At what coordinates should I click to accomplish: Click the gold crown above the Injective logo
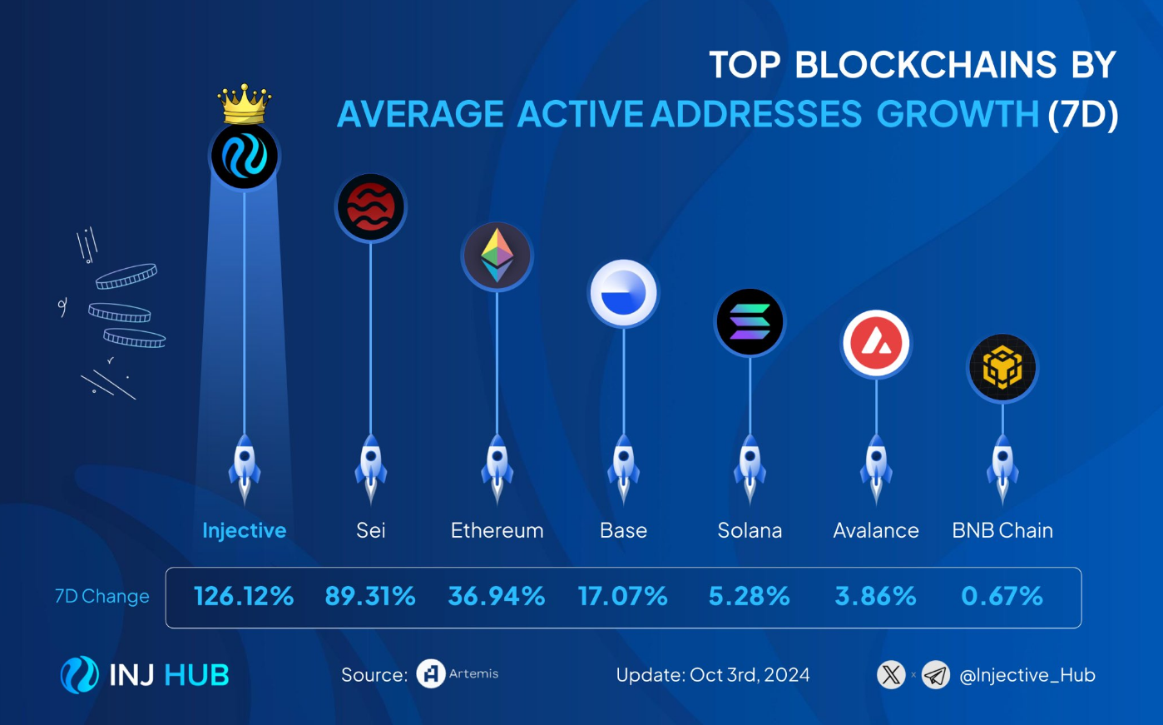pyautogui.click(x=244, y=104)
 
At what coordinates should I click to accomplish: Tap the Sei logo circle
pyautogui.click(x=371, y=207)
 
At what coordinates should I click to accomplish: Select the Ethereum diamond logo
pyautogui.click(x=497, y=256)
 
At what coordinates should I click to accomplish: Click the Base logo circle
pyautogui.click(x=624, y=293)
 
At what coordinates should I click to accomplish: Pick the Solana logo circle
pyautogui.click(x=750, y=322)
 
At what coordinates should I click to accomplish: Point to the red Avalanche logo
pyautogui.click(x=876, y=343)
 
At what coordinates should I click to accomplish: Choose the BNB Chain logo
pyautogui.click(x=1002, y=367)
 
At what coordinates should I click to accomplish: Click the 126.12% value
pyautogui.click(x=244, y=596)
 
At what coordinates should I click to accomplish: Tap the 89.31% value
pyautogui.click(x=370, y=596)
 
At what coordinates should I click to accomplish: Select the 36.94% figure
pyautogui.click(x=497, y=596)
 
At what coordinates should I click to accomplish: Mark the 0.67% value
pyautogui.click(x=1002, y=596)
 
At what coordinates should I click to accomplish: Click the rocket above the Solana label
pyautogui.click(x=750, y=468)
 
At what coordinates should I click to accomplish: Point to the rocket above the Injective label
pyautogui.click(x=245, y=468)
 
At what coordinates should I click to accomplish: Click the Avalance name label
pyautogui.click(x=876, y=530)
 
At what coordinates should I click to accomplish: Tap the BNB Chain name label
pyautogui.click(x=1002, y=530)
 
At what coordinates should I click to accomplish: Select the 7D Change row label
pyautogui.click(x=102, y=596)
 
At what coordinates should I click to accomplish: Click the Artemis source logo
pyautogui.click(x=431, y=674)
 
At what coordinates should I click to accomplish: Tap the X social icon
pyautogui.click(x=891, y=674)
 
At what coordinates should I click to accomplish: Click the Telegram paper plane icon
pyautogui.click(x=936, y=674)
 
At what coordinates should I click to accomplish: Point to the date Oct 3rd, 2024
pyautogui.click(x=749, y=675)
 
